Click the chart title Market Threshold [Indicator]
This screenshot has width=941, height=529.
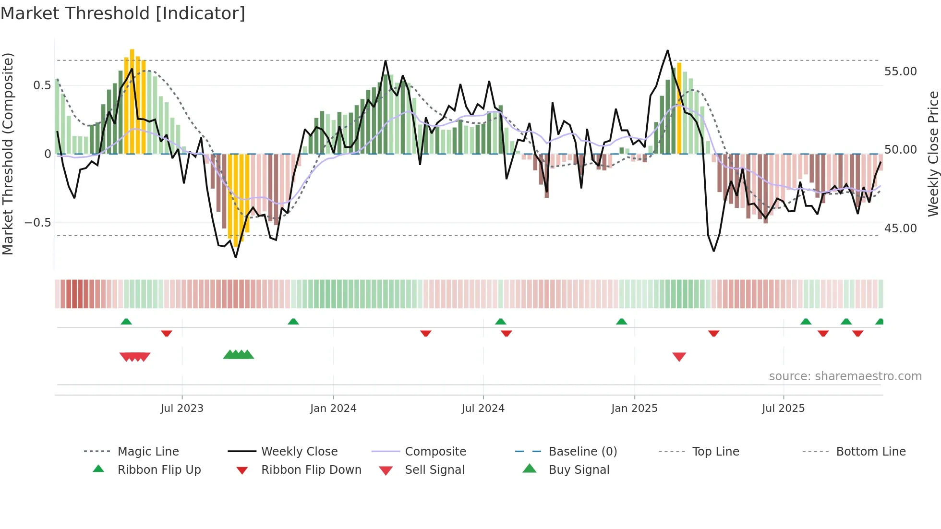pyautogui.click(x=123, y=13)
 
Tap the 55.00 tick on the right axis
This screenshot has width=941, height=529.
pyautogui.click(x=900, y=72)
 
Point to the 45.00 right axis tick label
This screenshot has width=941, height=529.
pyautogui.click(x=900, y=228)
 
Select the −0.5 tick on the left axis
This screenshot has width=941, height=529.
pyautogui.click(x=38, y=223)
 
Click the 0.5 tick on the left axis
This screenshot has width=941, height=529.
pyautogui.click(x=42, y=85)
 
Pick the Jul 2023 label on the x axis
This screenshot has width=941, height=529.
pyautogui.click(x=182, y=409)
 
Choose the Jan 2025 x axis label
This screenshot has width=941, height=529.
pyautogui.click(x=634, y=409)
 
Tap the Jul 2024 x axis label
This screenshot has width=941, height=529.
pyautogui.click(x=483, y=409)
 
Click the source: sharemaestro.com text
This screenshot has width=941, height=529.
pyautogui.click(x=845, y=376)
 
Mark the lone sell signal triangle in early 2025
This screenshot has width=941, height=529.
pyautogui.click(x=679, y=357)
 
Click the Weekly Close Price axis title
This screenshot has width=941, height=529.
pyautogui.click(x=933, y=154)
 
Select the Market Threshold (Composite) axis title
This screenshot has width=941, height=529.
pyautogui.click(x=8, y=154)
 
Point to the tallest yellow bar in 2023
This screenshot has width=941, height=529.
pyautogui.click(x=132, y=101)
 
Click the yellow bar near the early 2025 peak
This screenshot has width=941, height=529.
pyautogui.click(x=679, y=108)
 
